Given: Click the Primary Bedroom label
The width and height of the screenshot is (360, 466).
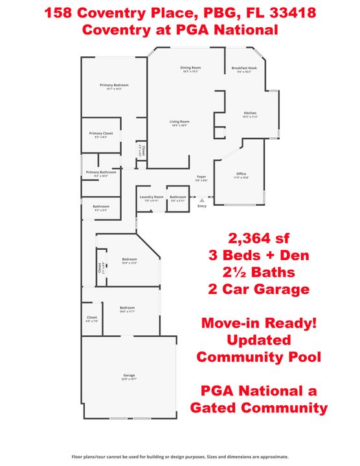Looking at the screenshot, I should coord(114,85).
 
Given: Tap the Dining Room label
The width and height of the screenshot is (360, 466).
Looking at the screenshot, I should coord(190,67).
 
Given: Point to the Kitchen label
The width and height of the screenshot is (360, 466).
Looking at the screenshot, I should coord(250,113).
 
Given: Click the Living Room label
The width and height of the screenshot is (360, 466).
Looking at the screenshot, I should coord(179,122).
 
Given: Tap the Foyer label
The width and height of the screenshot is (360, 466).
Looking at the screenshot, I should coord(201,176).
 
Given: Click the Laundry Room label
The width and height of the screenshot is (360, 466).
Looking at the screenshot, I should coord(149,197).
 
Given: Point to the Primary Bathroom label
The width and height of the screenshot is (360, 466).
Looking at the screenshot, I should coord(101,172).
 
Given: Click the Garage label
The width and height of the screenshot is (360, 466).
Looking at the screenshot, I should coord(129,375).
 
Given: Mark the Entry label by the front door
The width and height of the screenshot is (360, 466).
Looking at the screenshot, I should coord(202,206).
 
